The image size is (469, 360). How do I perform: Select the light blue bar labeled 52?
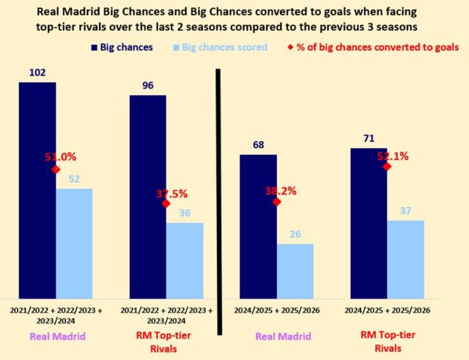pyautogui.click(x=74, y=241)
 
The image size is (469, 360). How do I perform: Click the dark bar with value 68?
pyautogui.click(x=258, y=224)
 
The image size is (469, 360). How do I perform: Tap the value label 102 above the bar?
pyautogui.click(x=37, y=72)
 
